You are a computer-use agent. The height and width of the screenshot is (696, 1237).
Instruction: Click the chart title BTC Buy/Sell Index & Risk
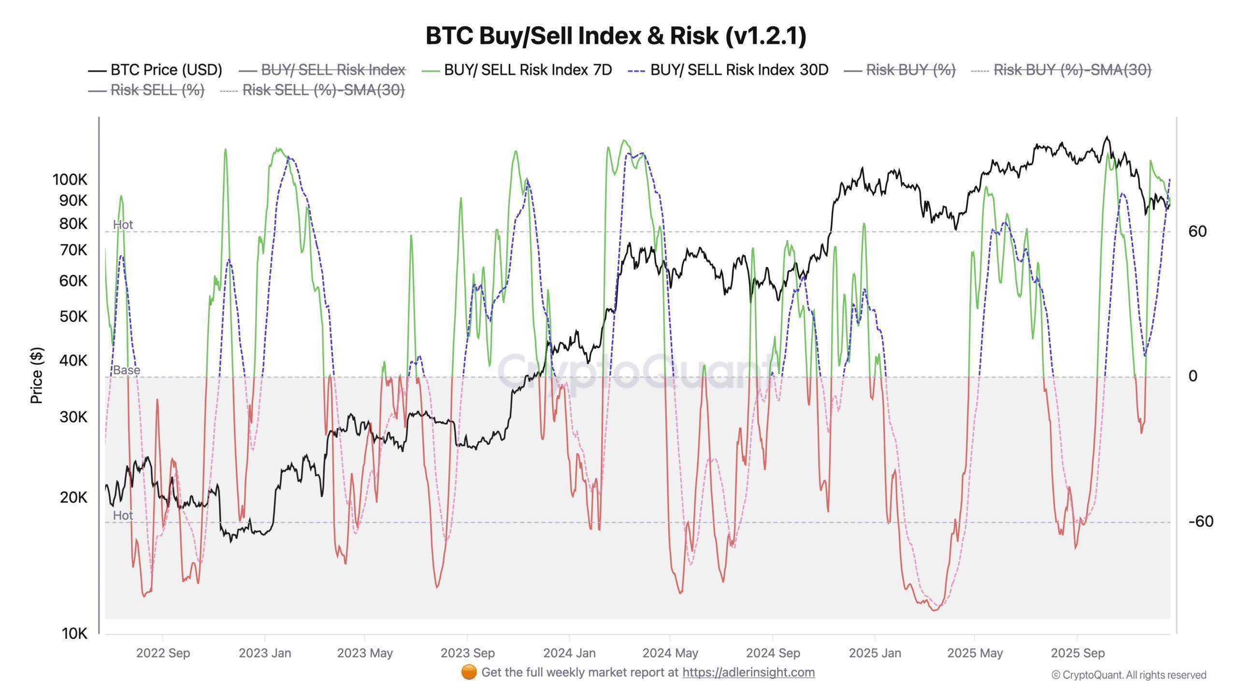(x=616, y=36)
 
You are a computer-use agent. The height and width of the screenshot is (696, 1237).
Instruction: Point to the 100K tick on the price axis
(x=70, y=180)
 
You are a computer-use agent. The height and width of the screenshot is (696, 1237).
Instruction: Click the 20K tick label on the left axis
(x=73, y=497)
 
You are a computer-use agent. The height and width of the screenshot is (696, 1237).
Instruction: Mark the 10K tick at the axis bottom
(x=74, y=633)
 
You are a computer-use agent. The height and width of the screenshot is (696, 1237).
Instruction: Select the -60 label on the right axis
(x=1201, y=522)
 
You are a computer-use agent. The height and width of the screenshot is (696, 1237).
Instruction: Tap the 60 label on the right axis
(x=1197, y=232)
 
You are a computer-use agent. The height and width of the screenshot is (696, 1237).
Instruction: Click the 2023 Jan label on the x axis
(x=265, y=653)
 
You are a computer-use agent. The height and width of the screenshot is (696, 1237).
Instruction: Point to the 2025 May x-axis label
(x=975, y=653)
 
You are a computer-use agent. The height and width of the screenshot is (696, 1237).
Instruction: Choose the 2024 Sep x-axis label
(x=773, y=653)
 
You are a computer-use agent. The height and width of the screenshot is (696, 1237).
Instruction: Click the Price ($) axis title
(x=37, y=375)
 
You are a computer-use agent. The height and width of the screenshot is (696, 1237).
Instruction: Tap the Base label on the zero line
(x=127, y=370)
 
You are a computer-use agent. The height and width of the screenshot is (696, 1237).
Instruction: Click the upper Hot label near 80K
(x=123, y=225)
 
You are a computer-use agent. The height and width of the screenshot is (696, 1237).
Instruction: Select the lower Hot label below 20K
(x=123, y=516)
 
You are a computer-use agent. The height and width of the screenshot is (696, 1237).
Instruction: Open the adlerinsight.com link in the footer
(x=748, y=672)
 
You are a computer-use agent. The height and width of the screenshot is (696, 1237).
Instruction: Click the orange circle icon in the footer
(x=469, y=672)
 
